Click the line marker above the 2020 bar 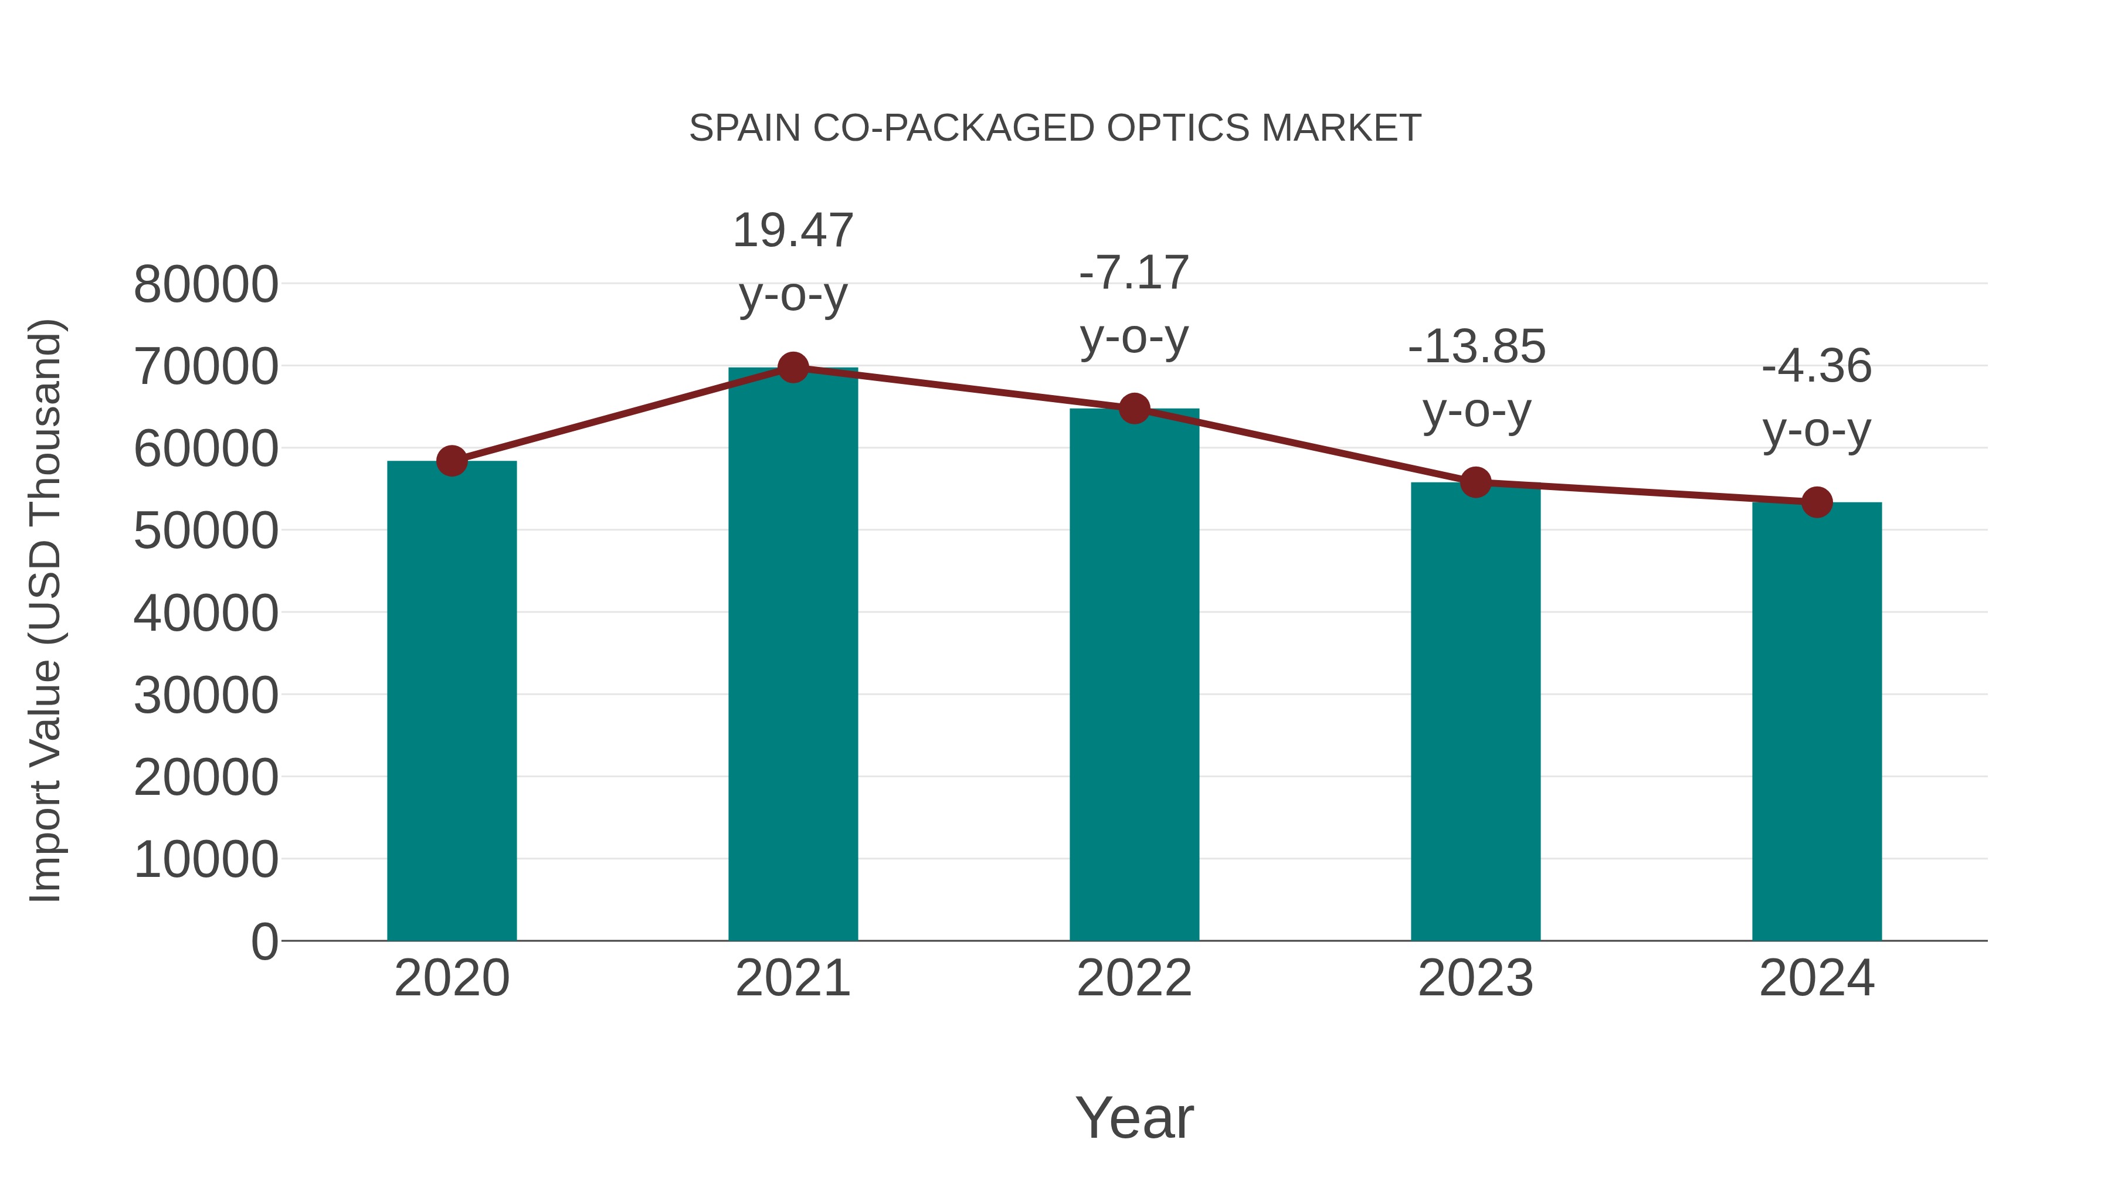coord(452,461)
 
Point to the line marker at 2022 coord(1134,409)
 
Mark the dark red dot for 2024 coord(1817,502)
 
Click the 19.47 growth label coord(792,230)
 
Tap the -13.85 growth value coord(1476,346)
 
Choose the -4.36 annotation coord(1817,366)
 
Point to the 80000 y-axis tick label coord(206,285)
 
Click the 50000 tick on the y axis coord(206,531)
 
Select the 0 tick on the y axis coord(264,941)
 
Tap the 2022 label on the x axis coord(1134,978)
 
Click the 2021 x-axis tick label coord(792,978)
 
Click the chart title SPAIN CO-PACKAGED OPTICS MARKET coord(1055,128)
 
